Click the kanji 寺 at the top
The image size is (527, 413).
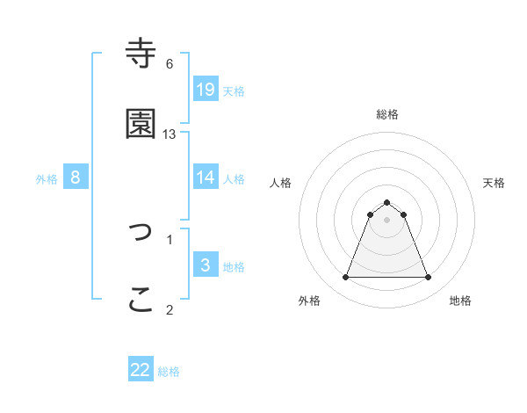(141, 54)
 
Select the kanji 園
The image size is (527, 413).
(141, 124)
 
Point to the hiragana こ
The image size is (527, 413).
(141, 300)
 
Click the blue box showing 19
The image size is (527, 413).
(205, 90)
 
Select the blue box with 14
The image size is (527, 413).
(205, 178)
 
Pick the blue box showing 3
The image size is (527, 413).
(205, 265)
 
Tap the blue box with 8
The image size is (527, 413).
(75, 178)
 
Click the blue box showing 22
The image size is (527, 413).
(141, 370)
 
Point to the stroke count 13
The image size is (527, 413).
(170, 134)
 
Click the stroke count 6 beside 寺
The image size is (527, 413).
(170, 64)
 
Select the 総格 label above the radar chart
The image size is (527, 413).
(386, 114)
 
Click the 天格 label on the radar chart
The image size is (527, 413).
(494, 183)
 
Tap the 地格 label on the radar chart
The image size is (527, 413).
(460, 301)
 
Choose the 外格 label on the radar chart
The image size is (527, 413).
(309, 301)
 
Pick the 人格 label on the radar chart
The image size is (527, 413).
(281, 183)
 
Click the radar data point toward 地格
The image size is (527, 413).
(428, 278)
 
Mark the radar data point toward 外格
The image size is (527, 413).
(345, 278)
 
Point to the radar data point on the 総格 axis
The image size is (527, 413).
(386, 202)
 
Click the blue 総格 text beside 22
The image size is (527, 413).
(169, 372)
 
